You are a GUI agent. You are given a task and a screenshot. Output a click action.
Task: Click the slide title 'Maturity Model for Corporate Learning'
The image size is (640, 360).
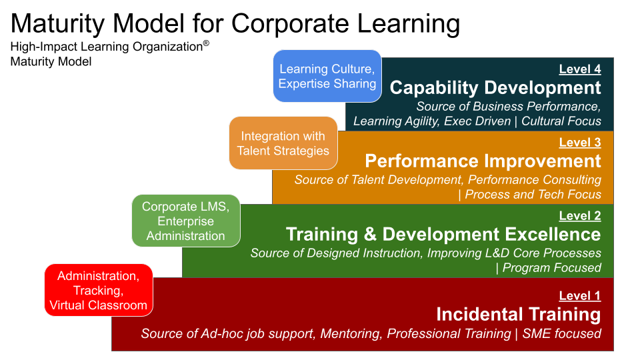235,23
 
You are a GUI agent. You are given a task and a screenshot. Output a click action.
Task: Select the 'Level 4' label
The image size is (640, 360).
579,69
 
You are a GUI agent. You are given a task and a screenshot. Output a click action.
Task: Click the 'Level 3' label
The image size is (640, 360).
579,142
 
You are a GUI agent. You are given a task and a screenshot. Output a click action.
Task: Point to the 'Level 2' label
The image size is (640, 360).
579,215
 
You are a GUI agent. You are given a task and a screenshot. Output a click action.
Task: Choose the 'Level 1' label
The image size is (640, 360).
579,295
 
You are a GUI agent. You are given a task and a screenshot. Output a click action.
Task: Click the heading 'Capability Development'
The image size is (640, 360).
495,88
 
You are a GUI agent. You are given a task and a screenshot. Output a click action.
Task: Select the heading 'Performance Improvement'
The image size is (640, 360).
483,161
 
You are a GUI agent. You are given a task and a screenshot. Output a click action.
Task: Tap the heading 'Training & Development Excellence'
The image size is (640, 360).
443,235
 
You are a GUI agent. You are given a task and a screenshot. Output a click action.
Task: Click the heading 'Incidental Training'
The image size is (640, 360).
518,314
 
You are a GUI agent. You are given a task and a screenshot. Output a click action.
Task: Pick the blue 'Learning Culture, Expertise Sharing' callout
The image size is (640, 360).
327,76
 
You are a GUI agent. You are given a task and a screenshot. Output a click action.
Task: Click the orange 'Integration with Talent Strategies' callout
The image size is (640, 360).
283,143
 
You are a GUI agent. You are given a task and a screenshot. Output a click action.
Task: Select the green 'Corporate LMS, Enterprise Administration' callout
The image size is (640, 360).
186,221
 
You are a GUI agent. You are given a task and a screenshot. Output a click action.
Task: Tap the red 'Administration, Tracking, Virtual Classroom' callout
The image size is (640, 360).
99,290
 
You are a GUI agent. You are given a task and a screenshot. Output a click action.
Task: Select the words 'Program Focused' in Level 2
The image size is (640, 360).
551,268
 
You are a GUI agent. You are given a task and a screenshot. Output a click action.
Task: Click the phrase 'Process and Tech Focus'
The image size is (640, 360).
533,195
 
